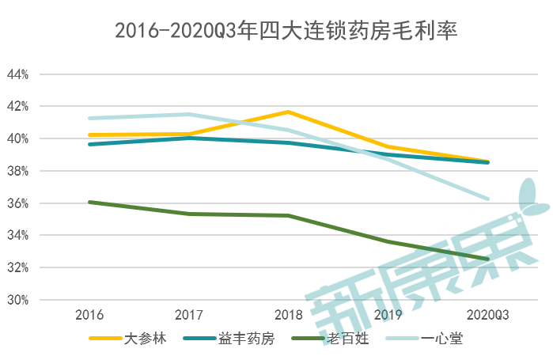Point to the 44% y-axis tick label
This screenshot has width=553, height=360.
(17, 74)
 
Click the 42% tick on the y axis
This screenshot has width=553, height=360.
(17, 107)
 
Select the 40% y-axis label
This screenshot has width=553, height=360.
(17, 139)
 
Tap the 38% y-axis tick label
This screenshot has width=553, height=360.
(17, 171)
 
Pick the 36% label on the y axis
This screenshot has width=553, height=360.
(17, 203)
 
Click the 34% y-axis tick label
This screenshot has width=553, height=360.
(17, 236)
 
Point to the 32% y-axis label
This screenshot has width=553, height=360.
(17, 268)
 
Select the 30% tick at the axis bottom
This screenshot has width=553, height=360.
(17, 301)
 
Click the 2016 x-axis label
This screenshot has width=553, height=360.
(89, 315)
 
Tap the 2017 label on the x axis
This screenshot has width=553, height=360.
(188, 315)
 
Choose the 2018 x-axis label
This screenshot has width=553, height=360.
(288, 315)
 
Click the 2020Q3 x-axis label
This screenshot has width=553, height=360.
(487, 315)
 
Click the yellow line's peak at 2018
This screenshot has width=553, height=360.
(288, 112)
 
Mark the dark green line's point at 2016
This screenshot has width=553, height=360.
(89, 202)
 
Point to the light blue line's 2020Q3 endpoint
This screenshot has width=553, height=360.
(487, 199)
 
